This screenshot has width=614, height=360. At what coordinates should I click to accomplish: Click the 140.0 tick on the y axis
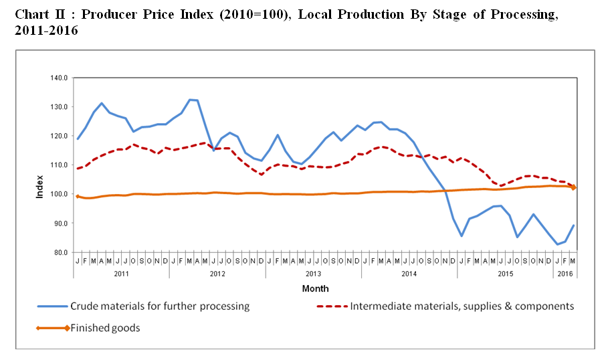[x=60, y=78]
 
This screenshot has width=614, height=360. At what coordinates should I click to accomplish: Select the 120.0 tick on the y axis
[x=60, y=136]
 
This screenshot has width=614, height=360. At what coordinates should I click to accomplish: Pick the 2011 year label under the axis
[x=121, y=274]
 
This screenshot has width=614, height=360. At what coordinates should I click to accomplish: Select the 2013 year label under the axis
[x=313, y=274]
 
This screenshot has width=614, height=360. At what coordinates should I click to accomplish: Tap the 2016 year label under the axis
[x=565, y=274]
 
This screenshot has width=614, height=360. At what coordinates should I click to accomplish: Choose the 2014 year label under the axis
[x=409, y=274]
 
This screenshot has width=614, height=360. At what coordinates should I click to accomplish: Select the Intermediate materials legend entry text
[x=462, y=306]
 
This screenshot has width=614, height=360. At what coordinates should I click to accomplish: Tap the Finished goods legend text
[x=105, y=328]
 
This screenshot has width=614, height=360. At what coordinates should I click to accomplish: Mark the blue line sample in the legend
[x=52, y=307]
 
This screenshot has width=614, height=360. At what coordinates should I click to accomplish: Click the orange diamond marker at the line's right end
[x=574, y=187]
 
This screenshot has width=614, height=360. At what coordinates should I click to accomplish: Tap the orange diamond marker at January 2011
[x=78, y=197]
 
